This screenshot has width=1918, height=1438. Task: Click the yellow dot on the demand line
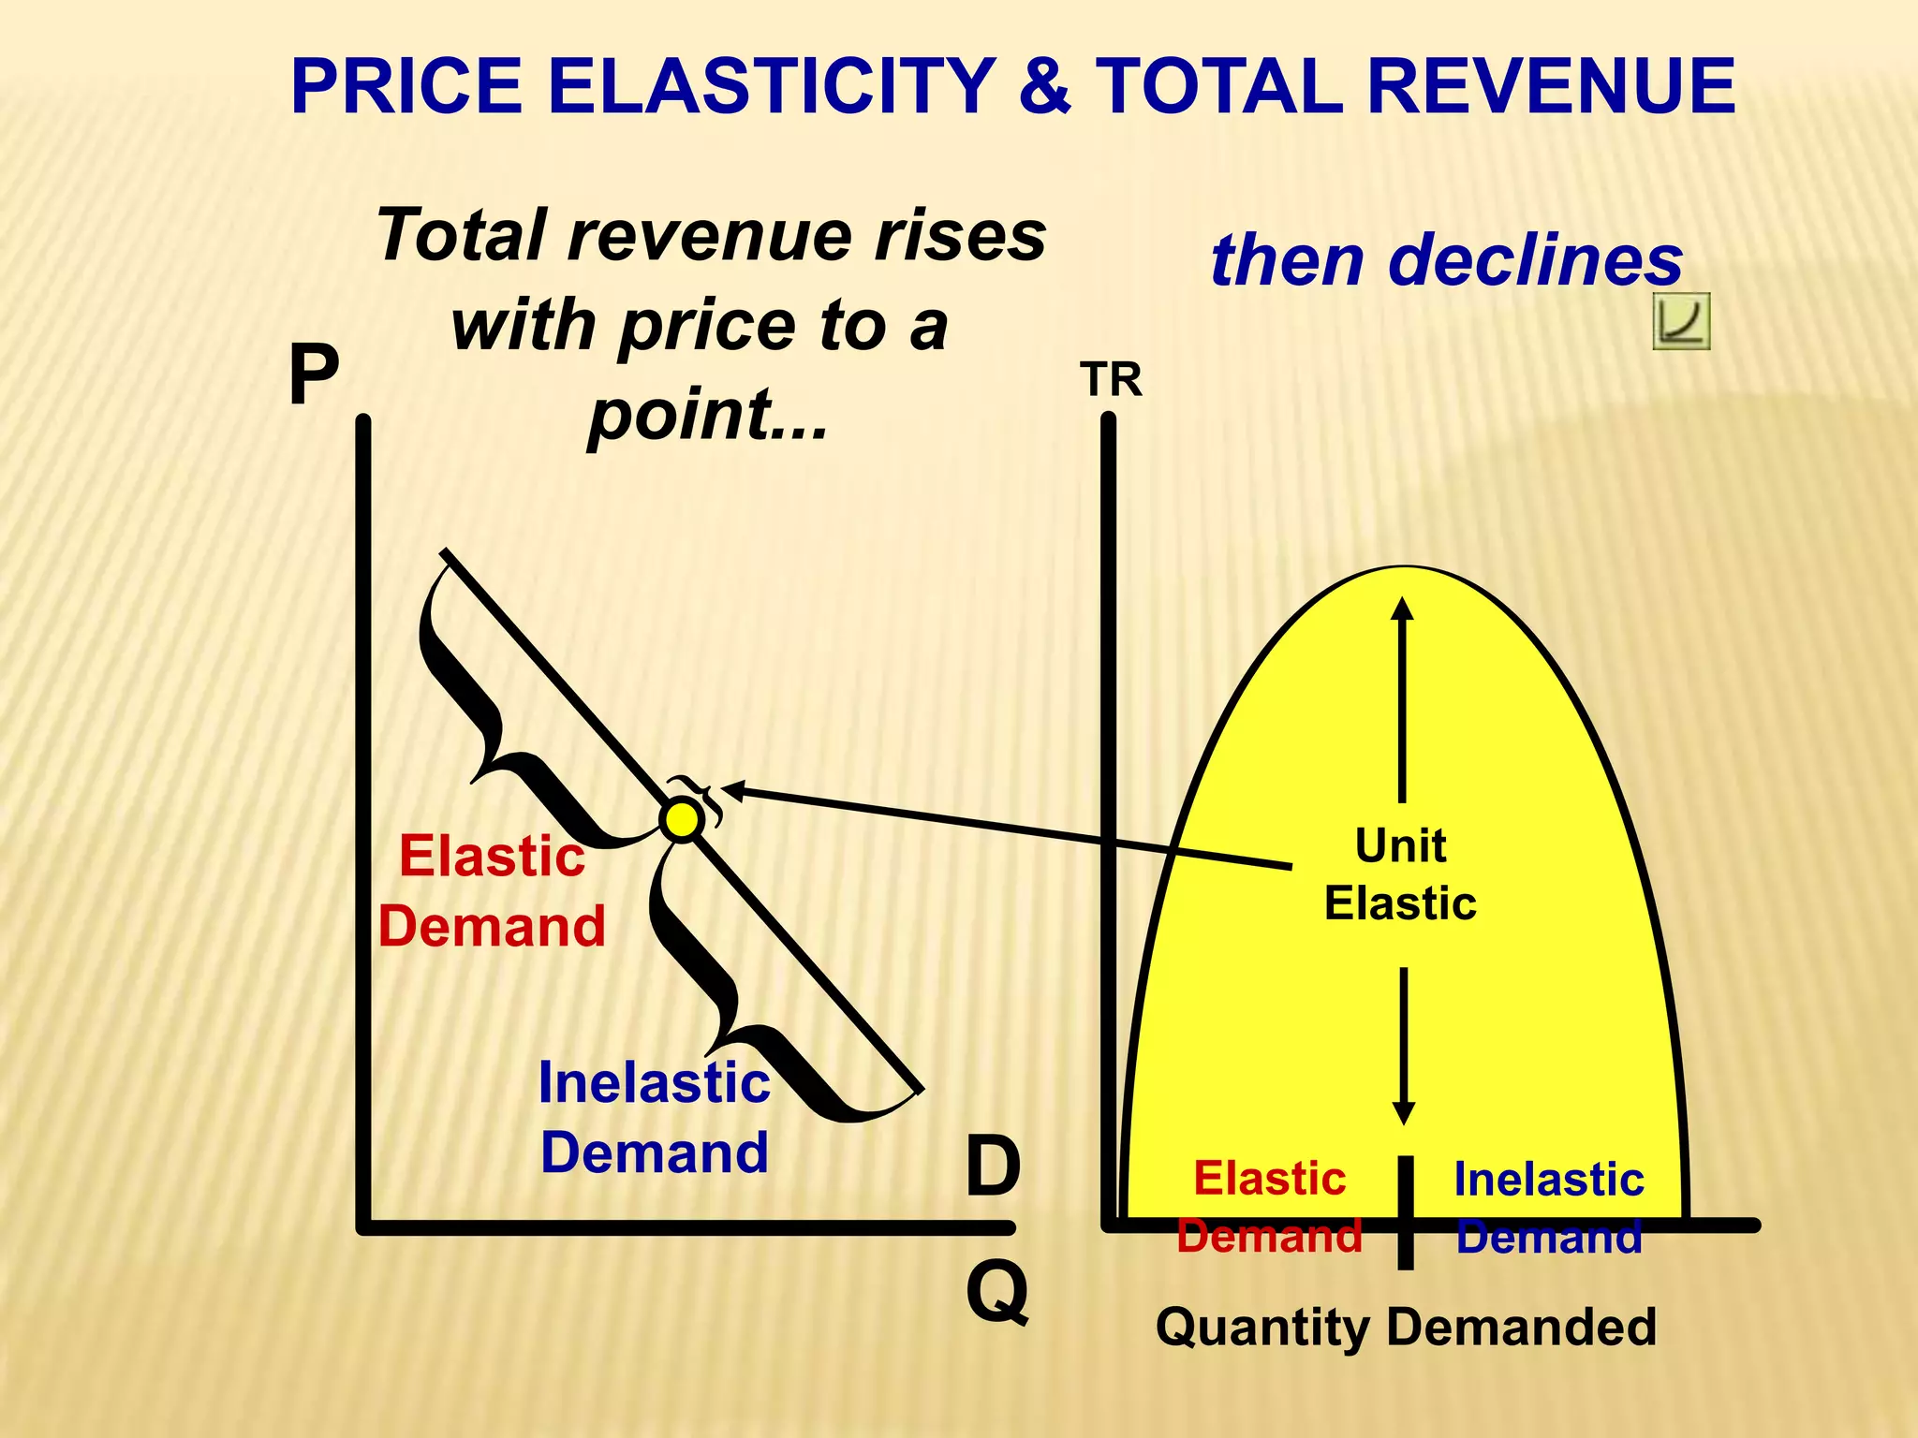[x=681, y=820]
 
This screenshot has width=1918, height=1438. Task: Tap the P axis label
[x=314, y=374]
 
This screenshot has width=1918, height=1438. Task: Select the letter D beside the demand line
[x=993, y=1167]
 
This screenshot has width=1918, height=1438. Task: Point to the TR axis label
[x=1111, y=380]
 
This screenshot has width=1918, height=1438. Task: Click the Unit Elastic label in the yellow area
[x=1400, y=874]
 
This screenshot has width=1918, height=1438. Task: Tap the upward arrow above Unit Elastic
[x=1402, y=697]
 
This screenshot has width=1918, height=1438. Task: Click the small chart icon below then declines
[x=1681, y=321]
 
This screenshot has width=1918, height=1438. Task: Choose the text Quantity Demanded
[x=1406, y=1327]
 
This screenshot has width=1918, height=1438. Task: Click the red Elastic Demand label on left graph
[x=492, y=891]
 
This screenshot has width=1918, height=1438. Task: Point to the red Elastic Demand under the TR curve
[x=1270, y=1207]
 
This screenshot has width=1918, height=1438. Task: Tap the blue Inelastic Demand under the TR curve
[x=1549, y=1208]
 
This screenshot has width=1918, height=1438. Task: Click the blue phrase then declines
[x=1447, y=259]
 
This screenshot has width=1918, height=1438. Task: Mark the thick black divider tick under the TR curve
[x=1405, y=1212]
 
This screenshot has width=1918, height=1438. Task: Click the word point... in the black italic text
[x=708, y=414]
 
